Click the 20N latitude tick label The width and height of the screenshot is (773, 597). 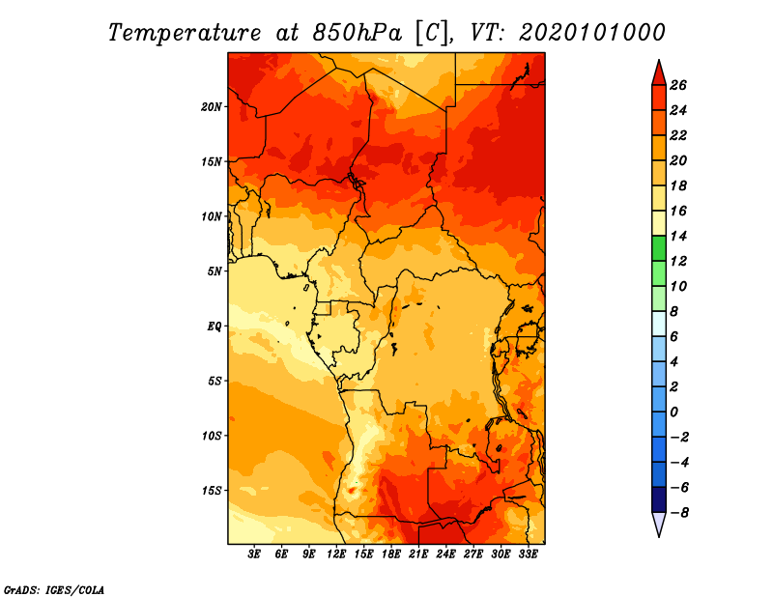(211, 106)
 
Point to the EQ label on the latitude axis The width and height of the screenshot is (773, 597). (214, 326)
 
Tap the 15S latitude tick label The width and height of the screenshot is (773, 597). (212, 491)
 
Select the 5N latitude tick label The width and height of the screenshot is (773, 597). (215, 271)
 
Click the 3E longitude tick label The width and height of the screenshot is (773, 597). (254, 554)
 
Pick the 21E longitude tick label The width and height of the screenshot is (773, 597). (418, 554)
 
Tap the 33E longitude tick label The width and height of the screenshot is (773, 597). (528, 554)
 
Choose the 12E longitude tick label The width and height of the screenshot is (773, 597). (336, 554)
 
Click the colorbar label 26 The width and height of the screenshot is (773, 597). (678, 85)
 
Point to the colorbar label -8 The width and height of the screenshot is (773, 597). (679, 513)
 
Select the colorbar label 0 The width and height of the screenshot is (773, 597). (673, 412)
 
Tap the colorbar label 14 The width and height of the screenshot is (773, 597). (678, 236)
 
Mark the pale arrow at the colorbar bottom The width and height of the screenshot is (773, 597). (659, 523)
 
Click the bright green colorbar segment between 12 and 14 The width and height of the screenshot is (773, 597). (659, 248)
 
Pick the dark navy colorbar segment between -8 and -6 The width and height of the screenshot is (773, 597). (659, 499)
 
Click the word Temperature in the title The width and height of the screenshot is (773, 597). (185, 33)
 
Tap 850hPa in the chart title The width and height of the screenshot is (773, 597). (358, 33)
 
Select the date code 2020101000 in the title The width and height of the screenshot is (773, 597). (592, 33)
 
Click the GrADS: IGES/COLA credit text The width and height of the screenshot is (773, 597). (54, 590)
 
